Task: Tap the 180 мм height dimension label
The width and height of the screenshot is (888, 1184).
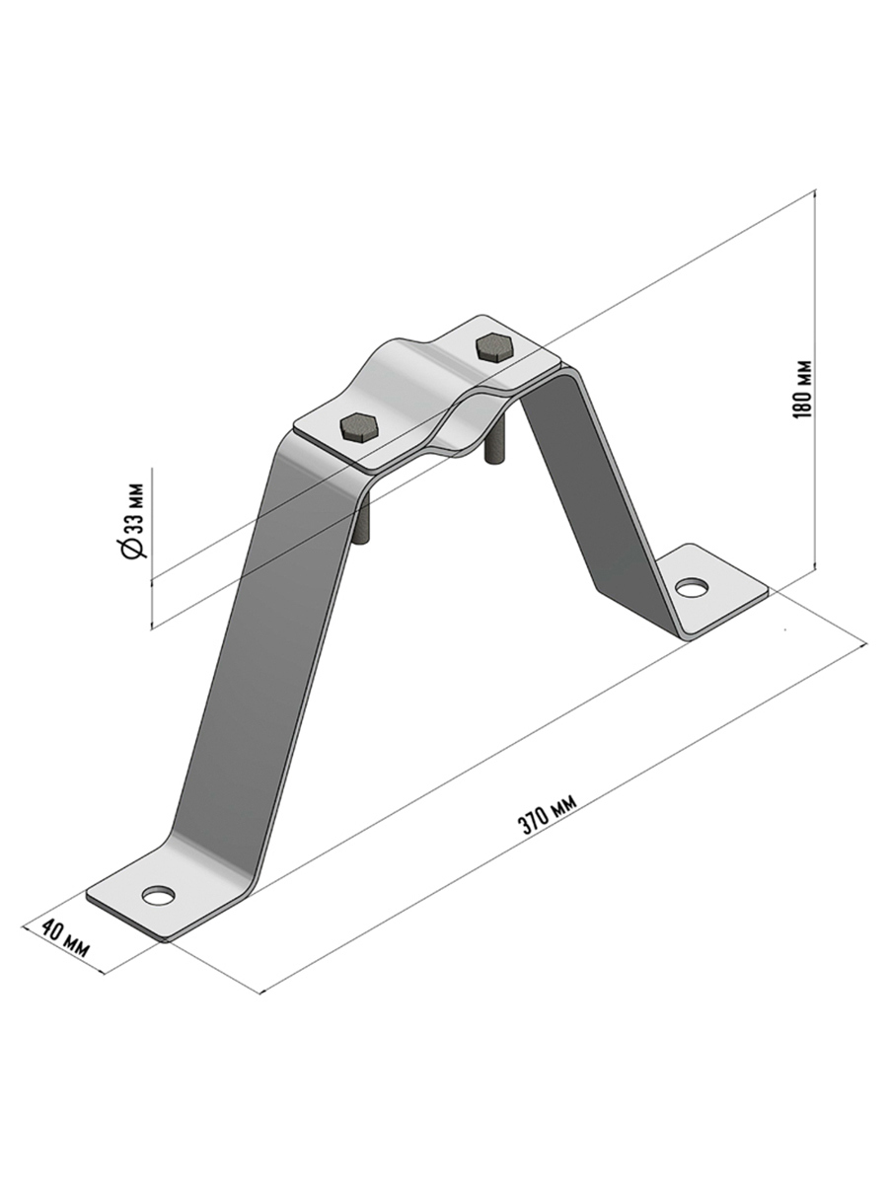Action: coord(802,389)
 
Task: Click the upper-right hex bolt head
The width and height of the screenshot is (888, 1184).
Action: coord(494,347)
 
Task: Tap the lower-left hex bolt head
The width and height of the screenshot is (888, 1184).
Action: coord(359,427)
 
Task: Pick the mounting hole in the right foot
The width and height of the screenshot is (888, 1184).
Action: coord(693,587)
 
